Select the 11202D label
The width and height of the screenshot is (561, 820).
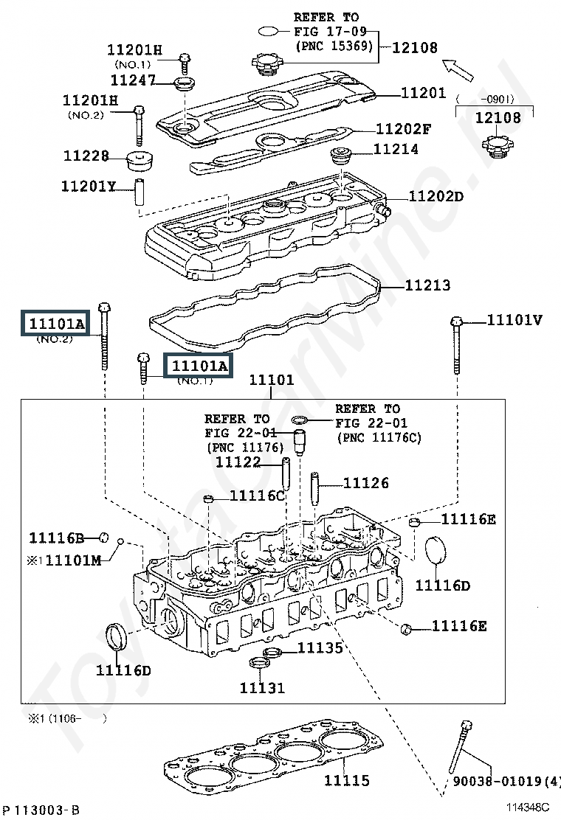pos(436,197)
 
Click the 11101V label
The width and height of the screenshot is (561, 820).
pos(514,320)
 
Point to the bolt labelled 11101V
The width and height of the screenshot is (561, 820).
pos(456,353)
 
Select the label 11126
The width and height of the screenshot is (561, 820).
pos(366,483)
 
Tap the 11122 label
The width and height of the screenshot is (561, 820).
pos(238,462)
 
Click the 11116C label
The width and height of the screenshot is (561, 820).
pos(257,496)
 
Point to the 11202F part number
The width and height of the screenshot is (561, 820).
pos(404,129)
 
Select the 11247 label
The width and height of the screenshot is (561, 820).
pos(133,79)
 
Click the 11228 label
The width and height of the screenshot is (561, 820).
pos(86,156)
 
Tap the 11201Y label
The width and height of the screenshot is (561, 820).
pos(89,186)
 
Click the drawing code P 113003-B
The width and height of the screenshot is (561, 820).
pos(41,810)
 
